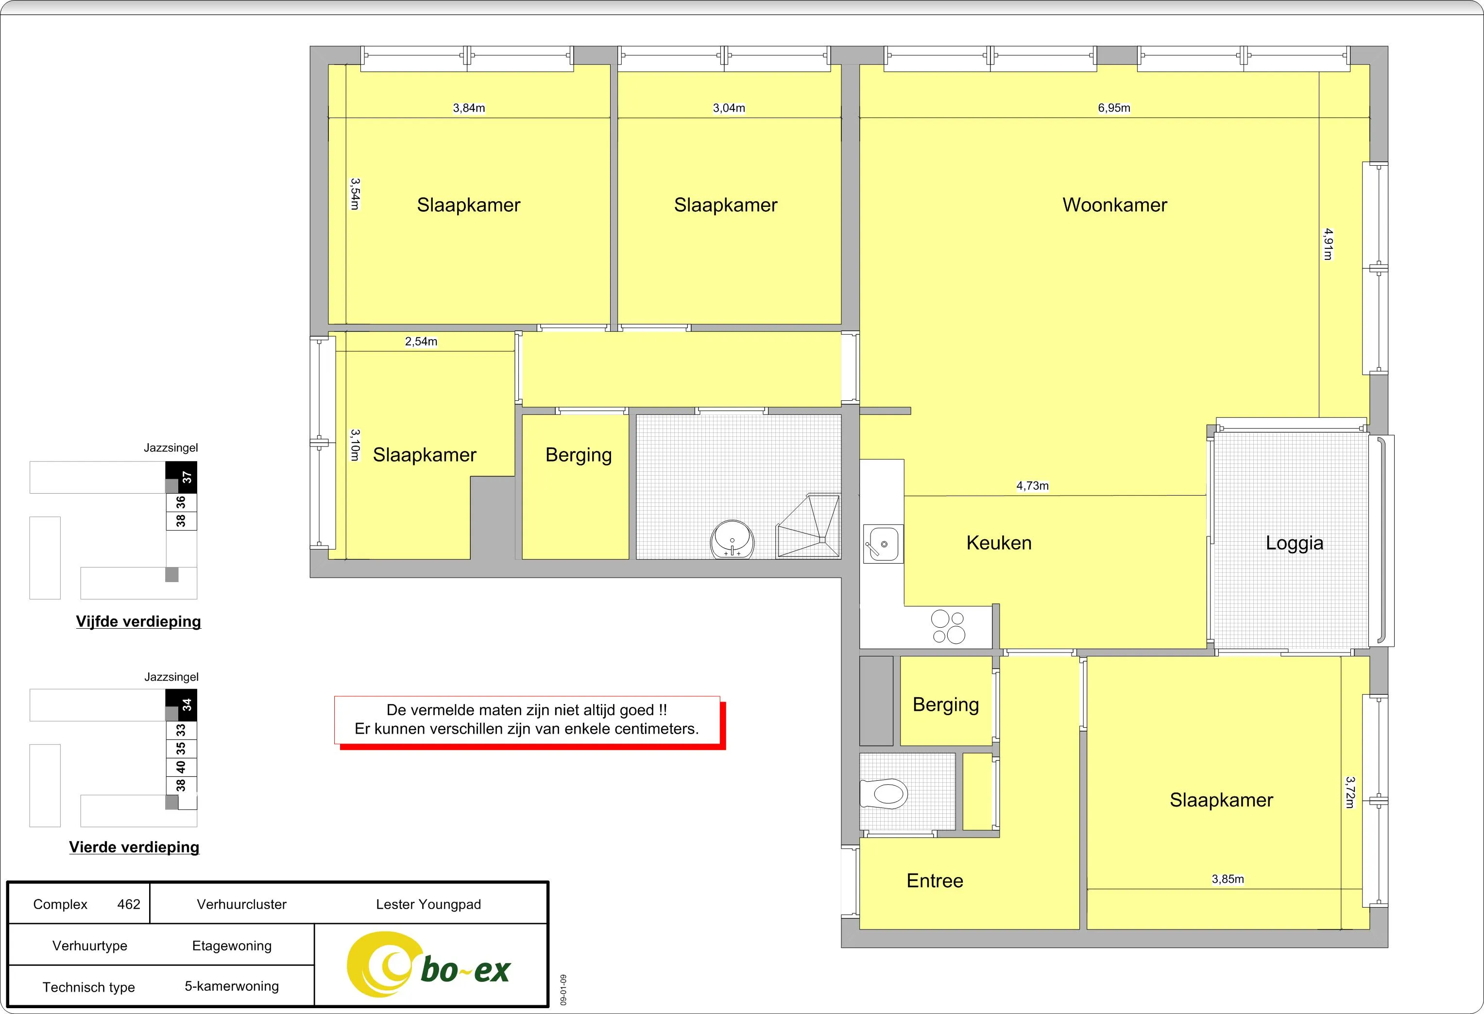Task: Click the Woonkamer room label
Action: [1114, 205]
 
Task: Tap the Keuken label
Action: [999, 543]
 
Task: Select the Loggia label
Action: [1295, 543]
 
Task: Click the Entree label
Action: [935, 880]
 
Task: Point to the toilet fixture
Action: [884, 794]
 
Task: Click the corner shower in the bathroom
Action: [808, 526]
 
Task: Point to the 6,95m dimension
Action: [1114, 108]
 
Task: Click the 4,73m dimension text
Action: [1033, 486]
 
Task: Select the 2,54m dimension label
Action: [421, 342]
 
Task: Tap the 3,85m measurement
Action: [1228, 879]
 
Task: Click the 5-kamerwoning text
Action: [232, 986]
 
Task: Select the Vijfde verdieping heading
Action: [138, 621]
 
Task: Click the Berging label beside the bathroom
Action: [579, 455]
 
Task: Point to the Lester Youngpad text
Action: [428, 904]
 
